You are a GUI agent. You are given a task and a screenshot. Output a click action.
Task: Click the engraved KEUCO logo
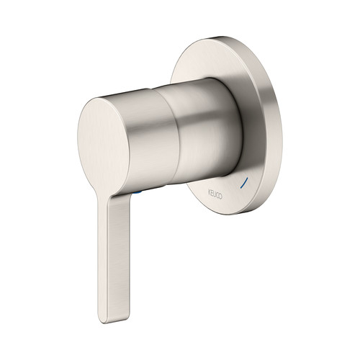(x=215, y=194)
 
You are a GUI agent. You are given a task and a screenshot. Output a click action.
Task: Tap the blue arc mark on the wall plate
(x=243, y=183)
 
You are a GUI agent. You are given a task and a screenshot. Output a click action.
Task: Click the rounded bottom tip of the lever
(x=114, y=322)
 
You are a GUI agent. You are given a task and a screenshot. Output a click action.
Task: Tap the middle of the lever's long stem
(x=114, y=259)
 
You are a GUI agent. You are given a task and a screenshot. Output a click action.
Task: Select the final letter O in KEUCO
(x=221, y=197)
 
